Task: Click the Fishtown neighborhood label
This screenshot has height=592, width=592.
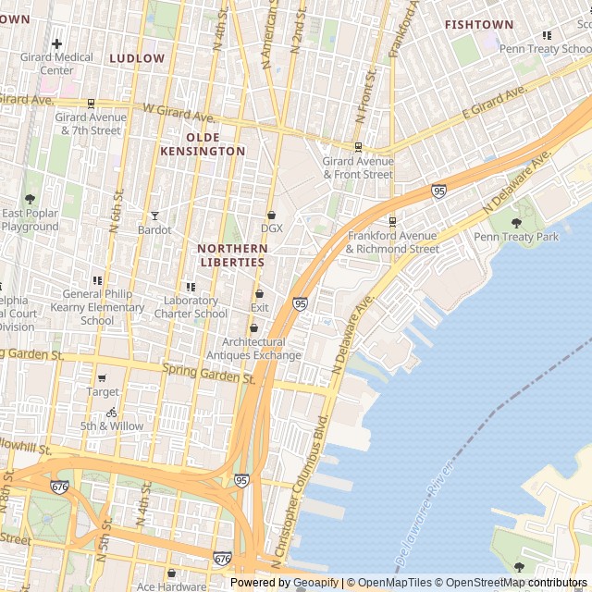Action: (479, 24)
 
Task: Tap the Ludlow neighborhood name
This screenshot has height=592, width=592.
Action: (137, 58)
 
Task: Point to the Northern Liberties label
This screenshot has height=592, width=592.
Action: (232, 255)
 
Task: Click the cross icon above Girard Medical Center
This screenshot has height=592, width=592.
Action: (57, 43)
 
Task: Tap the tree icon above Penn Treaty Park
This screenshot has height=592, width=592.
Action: (516, 222)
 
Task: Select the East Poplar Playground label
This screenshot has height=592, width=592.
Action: (30, 220)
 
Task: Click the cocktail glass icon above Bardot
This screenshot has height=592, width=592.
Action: (154, 216)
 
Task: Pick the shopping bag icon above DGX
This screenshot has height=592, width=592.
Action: (271, 215)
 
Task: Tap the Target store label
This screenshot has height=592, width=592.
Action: (102, 392)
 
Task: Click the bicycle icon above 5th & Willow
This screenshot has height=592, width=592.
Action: (112, 413)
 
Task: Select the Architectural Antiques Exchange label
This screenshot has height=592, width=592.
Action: (253, 349)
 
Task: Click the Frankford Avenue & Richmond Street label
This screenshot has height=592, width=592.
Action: (392, 242)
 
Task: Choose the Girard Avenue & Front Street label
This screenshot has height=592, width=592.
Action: (358, 167)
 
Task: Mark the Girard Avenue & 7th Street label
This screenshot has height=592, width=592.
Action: (89, 124)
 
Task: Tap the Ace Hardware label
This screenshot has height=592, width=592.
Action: (172, 586)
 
